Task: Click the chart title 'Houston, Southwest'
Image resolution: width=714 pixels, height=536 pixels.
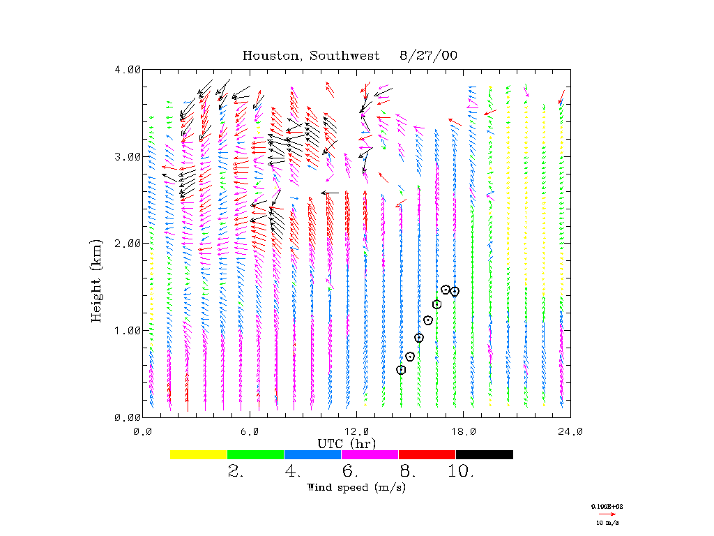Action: pos(311,56)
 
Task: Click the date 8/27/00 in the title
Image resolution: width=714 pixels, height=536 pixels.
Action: pos(429,56)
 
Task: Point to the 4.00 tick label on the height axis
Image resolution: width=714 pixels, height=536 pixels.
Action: pos(128,70)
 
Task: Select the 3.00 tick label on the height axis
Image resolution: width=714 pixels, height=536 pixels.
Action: pos(128,156)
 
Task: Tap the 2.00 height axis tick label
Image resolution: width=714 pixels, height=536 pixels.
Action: pos(128,244)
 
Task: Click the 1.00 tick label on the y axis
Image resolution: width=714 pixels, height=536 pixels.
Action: pos(128,330)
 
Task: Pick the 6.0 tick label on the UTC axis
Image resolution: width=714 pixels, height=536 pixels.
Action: pos(249,431)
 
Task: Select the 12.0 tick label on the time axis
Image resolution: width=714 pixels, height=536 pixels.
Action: pos(356,431)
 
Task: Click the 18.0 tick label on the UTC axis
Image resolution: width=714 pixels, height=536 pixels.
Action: pos(464,431)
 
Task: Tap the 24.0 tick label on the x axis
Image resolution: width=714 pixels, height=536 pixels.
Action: pos(570,431)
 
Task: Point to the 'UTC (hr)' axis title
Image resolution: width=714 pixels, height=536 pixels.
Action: pos(347,443)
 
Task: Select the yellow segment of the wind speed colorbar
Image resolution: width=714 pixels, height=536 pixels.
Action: pos(199,454)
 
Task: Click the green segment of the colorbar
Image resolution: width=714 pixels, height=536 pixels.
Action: pos(256,454)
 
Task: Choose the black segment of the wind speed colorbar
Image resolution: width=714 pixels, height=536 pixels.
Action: pos(485,454)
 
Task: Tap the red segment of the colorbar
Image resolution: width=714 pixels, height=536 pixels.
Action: pos(427,454)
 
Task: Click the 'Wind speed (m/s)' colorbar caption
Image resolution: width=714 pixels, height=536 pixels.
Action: pos(356,487)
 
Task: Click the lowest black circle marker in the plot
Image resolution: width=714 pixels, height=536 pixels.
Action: pos(401,370)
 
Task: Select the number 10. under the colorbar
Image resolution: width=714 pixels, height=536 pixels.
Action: pos(461,472)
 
